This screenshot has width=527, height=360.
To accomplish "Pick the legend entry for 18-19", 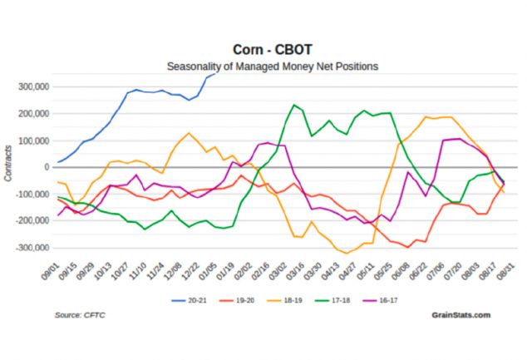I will (285, 297).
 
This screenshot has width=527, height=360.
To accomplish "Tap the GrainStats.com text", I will (461, 315).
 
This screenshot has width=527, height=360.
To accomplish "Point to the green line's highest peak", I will (293, 105).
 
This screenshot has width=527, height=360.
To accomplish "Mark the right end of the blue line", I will (216, 73).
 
